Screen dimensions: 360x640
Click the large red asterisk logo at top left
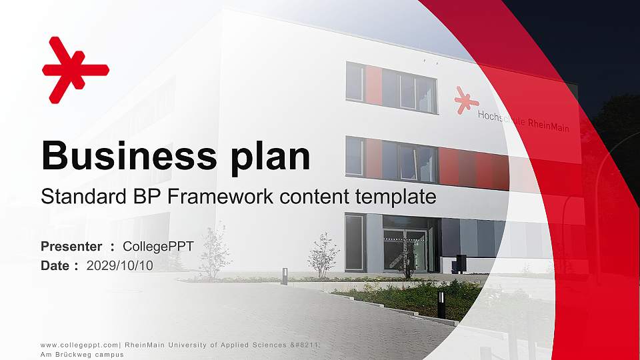pos(73,69)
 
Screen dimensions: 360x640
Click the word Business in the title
pos(124,156)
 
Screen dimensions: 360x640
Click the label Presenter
pos(71,247)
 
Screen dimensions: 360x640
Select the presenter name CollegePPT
pos(158,247)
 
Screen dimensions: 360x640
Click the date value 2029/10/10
pos(119,265)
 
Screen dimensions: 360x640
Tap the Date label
pos(55,265)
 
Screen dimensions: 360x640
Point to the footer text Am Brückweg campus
pos(82,355)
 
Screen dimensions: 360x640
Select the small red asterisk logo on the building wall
pos(466,100)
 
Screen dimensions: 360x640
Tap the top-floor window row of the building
pos(391,87)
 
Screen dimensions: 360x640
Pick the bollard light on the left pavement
pos(284,276)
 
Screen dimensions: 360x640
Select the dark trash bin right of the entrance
pos(460,263)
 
